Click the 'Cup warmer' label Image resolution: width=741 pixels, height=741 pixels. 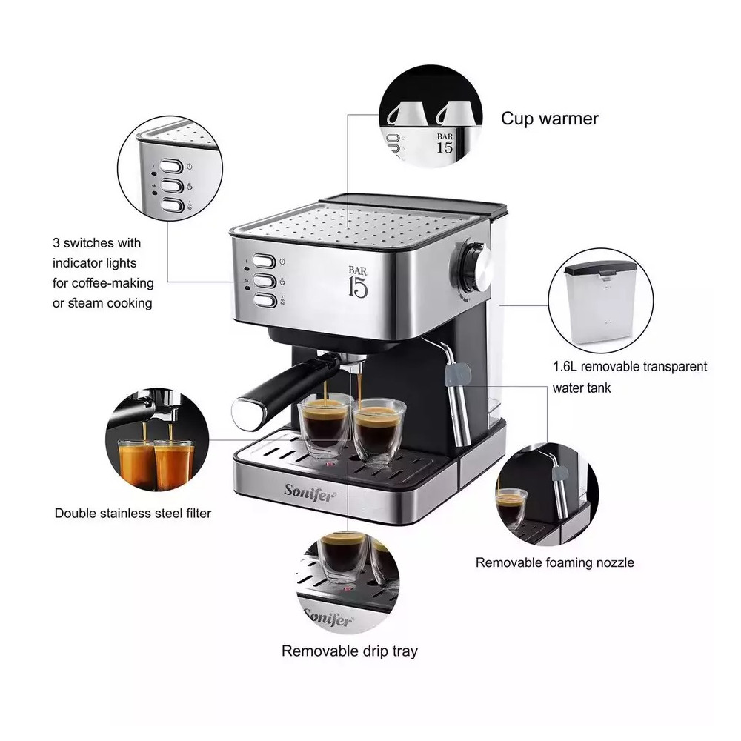pyautogui.click(x=550, y=119)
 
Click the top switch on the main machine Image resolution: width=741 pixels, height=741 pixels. pyautogui.click(x=264, y=262)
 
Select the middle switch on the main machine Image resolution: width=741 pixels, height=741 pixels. pyautogui.click(x=265, y=281)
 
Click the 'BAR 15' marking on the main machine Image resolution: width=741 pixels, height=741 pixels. pyautogui.click(x=358, y=282)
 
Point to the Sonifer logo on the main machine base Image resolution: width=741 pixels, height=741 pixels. pyautogui.click(x=310, y=493)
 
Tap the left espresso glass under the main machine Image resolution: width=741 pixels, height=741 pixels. pyautogui.click(x=326, y=425)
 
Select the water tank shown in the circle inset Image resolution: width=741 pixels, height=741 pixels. pyautogui.click(x=600, y=303)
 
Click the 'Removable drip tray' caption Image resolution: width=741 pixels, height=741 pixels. pyautogui.click(x=350, y=651)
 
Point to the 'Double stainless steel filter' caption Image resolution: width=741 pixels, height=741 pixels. pyautogui.click(x=133, y=514)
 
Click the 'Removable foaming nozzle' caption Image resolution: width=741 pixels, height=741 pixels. pyautogui.click(x=555, y=562)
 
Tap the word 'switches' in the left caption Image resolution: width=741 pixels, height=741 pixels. pyautogui.click(x=89, y=243)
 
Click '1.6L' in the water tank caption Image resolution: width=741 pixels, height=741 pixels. pyautogui.click(x=565, y=367)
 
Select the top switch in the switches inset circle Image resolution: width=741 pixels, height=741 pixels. pyautogui.click(x=171, y=166)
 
